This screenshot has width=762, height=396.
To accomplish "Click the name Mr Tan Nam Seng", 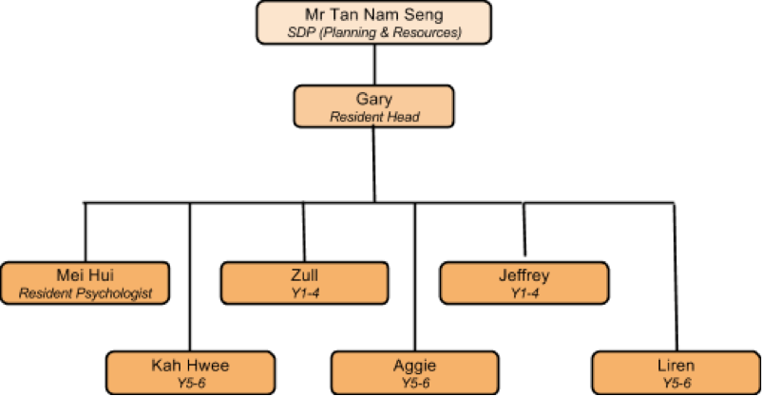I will pos(374,15).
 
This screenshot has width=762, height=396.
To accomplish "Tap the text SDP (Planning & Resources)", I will pos(374,32).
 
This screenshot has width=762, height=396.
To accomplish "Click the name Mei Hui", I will pos(86,274).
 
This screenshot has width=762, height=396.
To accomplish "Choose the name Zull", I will pos(305,274).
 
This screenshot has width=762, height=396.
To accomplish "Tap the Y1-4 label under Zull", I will pos(305,292).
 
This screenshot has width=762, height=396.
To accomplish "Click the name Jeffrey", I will pos(523,274).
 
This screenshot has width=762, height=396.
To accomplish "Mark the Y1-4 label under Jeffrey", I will pos(523,292).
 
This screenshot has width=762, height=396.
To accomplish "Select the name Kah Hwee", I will pos(190,365).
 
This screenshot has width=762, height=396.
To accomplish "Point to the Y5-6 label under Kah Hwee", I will pos(190,382).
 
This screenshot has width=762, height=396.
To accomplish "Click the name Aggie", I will pos(414,365).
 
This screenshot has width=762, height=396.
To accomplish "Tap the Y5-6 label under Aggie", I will pos(414,382).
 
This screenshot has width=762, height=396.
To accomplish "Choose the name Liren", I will pos(675,365).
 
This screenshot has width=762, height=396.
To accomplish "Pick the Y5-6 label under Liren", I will pos(675,382).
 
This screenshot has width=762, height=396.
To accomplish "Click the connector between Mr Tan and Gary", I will pos(374,65).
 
